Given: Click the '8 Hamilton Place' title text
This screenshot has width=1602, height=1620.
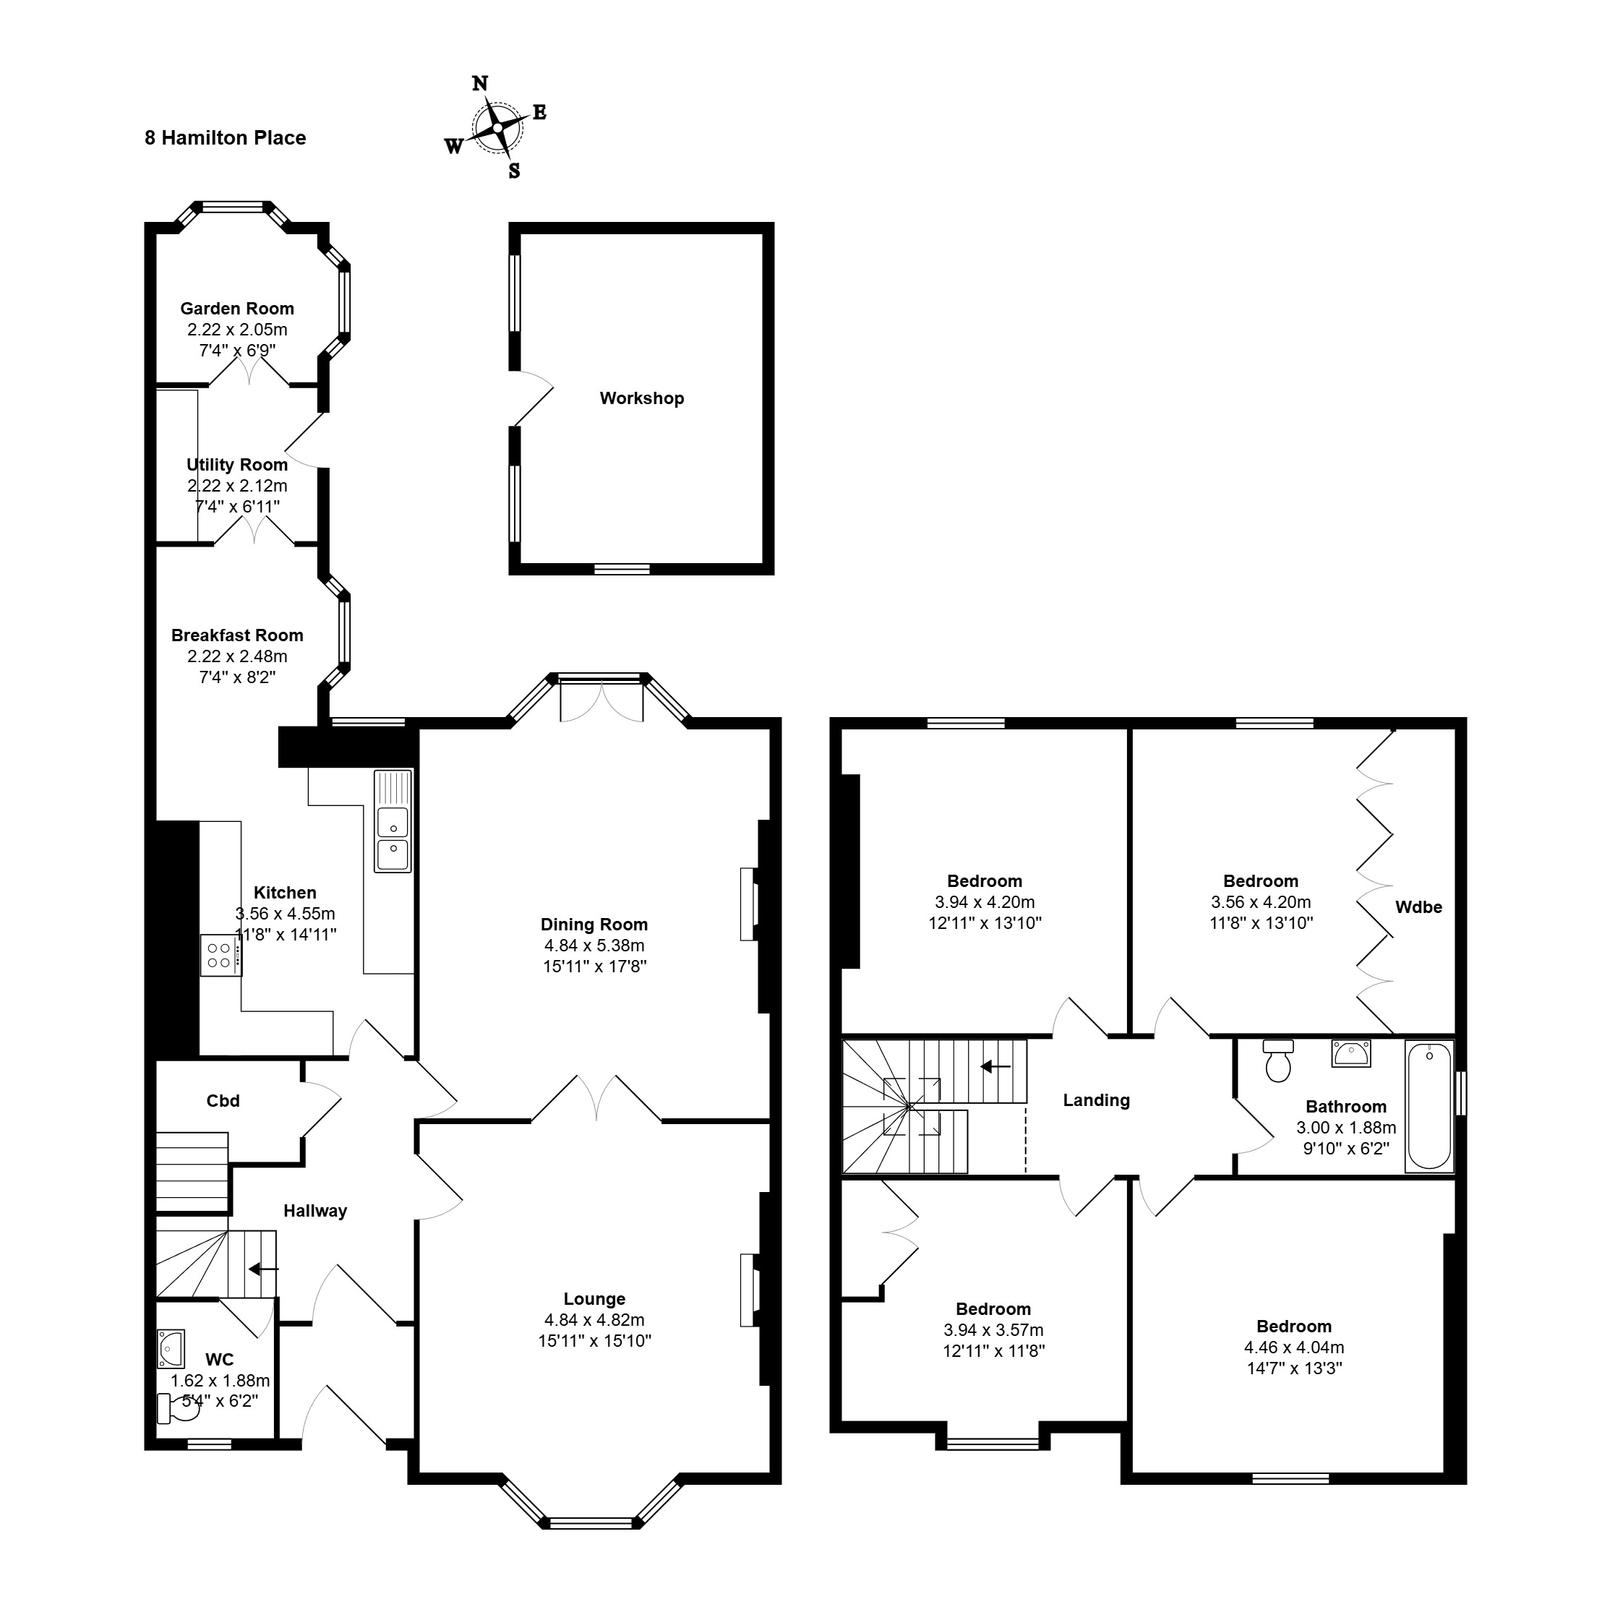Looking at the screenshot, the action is (225, 137).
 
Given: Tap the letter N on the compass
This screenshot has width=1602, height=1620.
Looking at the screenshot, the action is (480, 83).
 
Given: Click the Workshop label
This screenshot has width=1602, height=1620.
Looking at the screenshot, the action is (642, 398).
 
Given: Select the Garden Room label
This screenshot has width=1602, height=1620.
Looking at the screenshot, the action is (237, 309).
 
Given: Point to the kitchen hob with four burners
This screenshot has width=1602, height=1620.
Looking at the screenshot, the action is (220, 955).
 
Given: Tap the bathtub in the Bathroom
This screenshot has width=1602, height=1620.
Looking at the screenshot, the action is (1429, 1105).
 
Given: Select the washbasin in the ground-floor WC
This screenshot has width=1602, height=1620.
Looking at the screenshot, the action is (171, 1348).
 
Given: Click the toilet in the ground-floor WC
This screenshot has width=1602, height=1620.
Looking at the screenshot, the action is (179, 1409).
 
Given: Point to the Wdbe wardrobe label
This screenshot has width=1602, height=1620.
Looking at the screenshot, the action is (1418, 907).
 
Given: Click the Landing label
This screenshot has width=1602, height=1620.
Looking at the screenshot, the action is (1096, 1100).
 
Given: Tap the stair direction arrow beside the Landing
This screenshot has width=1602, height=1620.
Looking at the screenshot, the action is (995, 1066).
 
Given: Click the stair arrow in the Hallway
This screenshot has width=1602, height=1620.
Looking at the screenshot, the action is (263, 1269).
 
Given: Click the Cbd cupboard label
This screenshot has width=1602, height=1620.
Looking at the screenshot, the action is (223, 1101).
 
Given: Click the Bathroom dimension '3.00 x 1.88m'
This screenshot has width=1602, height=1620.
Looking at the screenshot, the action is (1346, 1128).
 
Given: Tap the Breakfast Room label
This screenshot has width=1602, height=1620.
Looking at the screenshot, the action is (237, 635).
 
